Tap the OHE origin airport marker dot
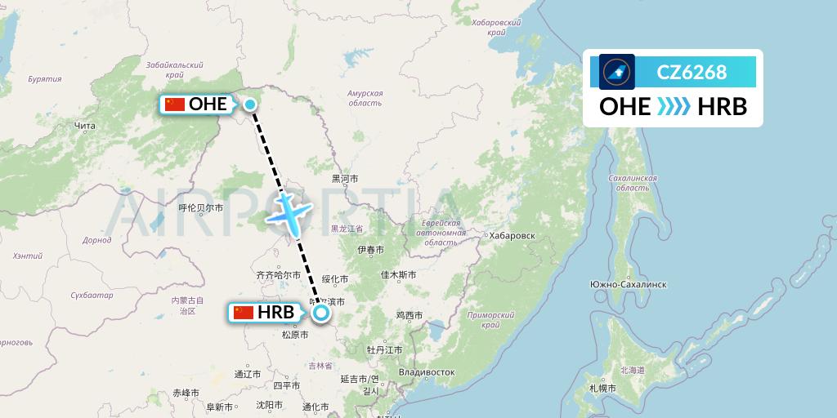[x=250, y=104]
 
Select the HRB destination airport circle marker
[x=321, y=312]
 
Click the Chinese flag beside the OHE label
[x=175, y=104]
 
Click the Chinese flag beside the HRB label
[x=244, y=312]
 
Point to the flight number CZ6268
[x=692, y=72]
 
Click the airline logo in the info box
[x=617, y=72]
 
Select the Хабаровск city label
[x=511, y=235]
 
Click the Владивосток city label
[x=427, y=371]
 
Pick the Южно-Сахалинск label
[x=629, y=284]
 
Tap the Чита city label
[x=85, y=126]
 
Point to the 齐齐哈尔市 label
[x=278, y=276]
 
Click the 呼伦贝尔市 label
[x=201, y=208]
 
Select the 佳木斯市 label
[x=399, y=275]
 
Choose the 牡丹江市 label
[x=385, y=349]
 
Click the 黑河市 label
[x=344, y=178]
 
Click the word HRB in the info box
[x=723, y=107]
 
